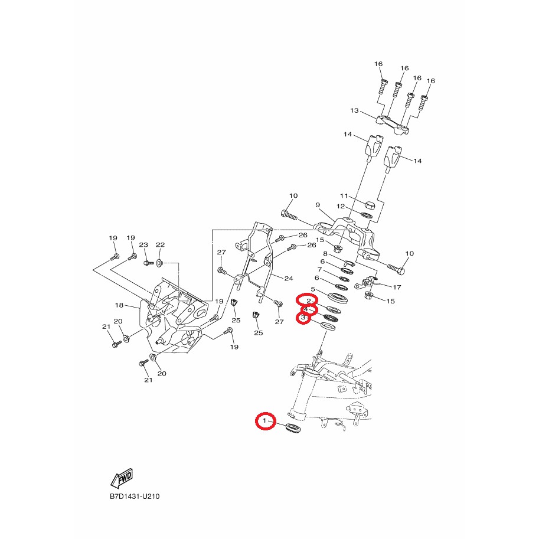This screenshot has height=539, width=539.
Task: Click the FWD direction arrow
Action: click(x=122, y=478)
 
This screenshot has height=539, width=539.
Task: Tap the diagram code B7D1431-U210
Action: click(x=135, y=496)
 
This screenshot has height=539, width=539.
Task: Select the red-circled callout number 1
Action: click(x=264, y=420)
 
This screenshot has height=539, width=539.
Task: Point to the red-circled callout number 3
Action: click(x=303, y=318)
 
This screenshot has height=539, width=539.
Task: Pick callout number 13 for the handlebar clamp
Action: click(x=354, y=110)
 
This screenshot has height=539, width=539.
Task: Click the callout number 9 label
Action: click(x=318, y=205)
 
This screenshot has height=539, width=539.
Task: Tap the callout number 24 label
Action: click(x=289, y=279)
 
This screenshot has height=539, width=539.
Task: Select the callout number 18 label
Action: click(x=119, y=305)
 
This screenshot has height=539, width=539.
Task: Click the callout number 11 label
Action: click(x=344, y=195)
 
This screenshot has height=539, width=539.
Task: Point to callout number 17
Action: click(x=397, y=287)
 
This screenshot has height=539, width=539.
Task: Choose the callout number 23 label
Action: click(x=143, y=244)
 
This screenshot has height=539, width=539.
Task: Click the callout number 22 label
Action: click(x=160, y=244)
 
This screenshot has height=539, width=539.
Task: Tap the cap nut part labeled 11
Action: click(x=369, y=205)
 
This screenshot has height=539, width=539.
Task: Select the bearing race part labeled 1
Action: click(x=293, y=428)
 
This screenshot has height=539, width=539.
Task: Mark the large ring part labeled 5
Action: click(x=339, y=298)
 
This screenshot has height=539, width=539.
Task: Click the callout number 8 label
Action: click(x=325, y=254)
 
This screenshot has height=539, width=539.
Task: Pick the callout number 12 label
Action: click(x=340, y=206)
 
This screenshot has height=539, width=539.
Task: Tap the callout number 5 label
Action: click(x=313, y=289)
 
